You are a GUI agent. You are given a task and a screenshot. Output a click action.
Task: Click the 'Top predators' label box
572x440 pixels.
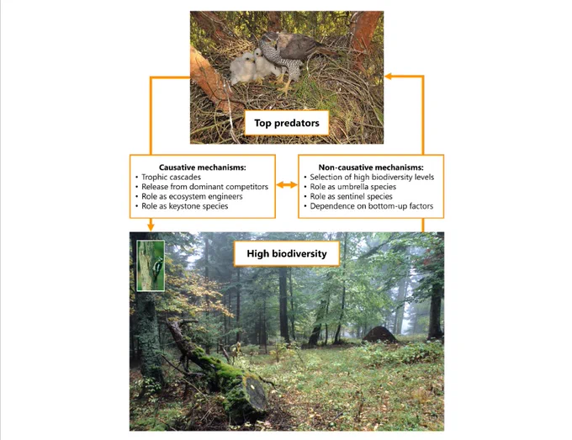coord(287,123)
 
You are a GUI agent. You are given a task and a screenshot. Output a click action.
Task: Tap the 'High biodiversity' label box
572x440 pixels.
coord(287,253)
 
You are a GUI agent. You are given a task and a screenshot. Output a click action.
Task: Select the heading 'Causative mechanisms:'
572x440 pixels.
coord(203,167)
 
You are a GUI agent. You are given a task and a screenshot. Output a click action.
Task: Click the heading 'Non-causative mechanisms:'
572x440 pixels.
coord(371,167)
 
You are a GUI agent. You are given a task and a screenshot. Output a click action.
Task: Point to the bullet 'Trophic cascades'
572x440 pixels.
coord(171,178)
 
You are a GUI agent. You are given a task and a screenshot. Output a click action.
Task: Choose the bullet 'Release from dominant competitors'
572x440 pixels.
coord(204,187)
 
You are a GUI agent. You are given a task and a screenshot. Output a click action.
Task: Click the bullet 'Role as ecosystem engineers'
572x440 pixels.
coord(192,197)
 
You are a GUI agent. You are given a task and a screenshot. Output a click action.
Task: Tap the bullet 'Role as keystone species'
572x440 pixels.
coord(184,206)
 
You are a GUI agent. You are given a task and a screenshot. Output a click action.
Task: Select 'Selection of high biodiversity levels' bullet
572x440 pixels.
coord(372,178)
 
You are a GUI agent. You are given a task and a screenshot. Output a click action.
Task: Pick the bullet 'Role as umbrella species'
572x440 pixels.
coord(353,187)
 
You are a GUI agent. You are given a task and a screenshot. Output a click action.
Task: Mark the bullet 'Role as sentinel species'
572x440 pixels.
coord(352,197)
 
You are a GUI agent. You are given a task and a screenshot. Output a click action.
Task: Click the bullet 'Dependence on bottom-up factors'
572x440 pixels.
coord(372,206)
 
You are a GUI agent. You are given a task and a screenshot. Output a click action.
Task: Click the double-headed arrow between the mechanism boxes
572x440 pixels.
coord(287,185)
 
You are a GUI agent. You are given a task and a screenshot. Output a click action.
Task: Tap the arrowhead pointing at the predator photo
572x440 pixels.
coord(388,77)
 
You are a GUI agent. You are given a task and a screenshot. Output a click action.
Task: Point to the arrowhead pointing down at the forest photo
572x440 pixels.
coord(151,226)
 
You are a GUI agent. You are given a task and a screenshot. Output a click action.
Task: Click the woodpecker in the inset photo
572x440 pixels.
coord(158,268)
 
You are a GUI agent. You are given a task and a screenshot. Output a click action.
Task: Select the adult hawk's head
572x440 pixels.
coord(270,39)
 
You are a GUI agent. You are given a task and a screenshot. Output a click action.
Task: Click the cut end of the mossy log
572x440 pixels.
coord(257,392)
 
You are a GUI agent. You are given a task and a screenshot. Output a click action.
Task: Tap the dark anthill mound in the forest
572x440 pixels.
coord(379,335)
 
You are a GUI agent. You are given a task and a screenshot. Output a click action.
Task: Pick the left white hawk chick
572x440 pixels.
coord(242,68)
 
